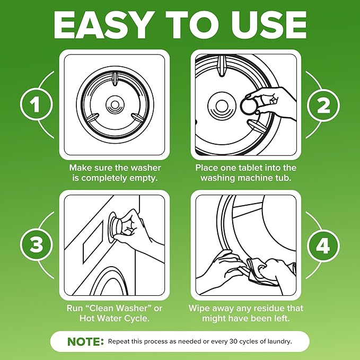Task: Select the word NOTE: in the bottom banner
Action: pos(85,342)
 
